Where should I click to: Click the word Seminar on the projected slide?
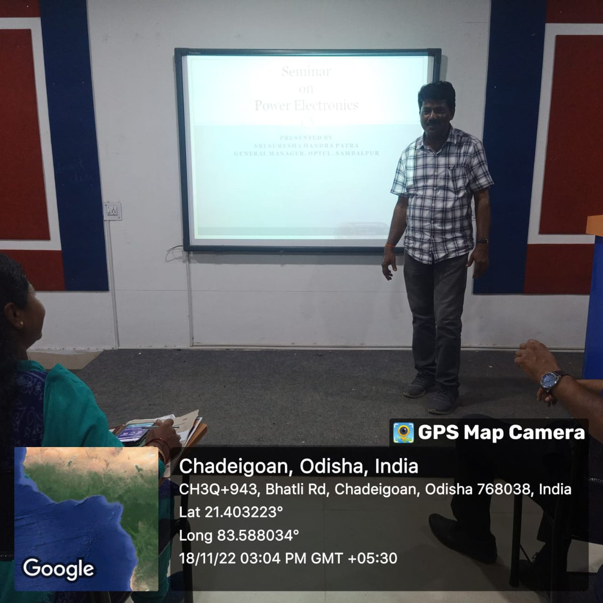(x=306, y=71)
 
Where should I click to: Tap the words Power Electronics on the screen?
(x=306, y=105)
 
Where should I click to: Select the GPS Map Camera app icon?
(x=403, y=433)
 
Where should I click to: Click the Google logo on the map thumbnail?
(x=58, y=568)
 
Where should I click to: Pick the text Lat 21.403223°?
(x=231, y=512)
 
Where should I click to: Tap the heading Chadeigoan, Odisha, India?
(x=298, y=466)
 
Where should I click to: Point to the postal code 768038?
(x=503, y=489)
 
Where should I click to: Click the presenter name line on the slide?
(x=306, y=145)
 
